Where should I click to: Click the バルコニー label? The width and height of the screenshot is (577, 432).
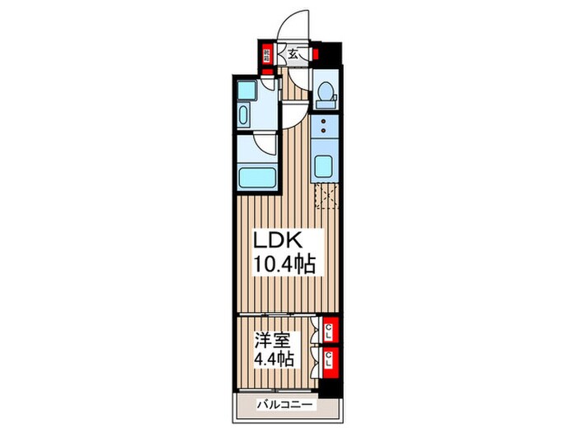point(282,406)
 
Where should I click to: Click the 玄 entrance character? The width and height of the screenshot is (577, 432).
point(292,55)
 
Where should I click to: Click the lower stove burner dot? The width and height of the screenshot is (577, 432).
point(325,132)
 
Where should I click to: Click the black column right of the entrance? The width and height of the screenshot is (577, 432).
point(329,54)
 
